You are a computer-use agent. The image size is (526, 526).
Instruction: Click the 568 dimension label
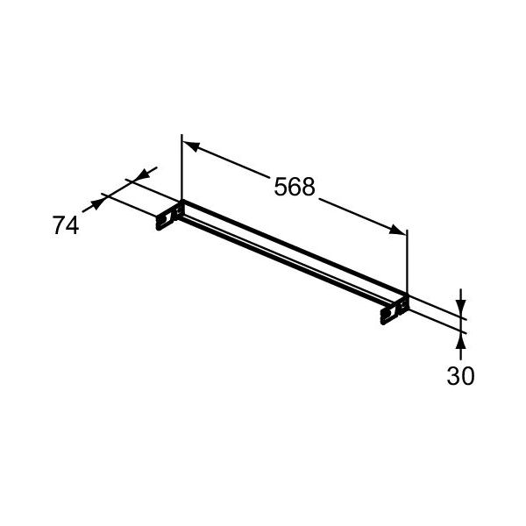point(295,187)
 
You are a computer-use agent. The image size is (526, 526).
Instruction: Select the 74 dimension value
point(66,225)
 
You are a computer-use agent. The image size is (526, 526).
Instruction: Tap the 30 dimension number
point(460,376)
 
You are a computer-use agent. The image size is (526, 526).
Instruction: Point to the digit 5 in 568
point(281,187)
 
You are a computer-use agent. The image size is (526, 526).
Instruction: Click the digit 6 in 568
point(295,187)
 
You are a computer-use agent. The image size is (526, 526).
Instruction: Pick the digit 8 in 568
point(309,187)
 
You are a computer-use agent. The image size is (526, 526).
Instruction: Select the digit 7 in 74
point(59,225)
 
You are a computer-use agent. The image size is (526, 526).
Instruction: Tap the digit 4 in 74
point(73,225)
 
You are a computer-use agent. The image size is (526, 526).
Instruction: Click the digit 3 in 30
point(453,376)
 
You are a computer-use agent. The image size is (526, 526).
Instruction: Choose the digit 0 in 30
point(468,376)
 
